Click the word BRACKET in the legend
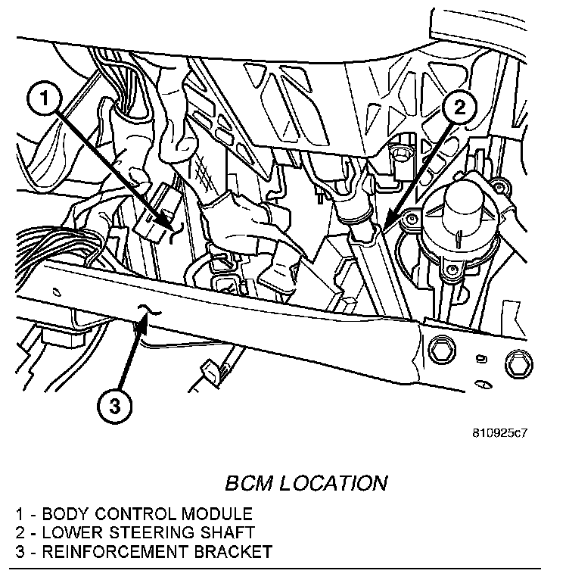click(234, 551)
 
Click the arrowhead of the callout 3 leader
click(144, 324)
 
